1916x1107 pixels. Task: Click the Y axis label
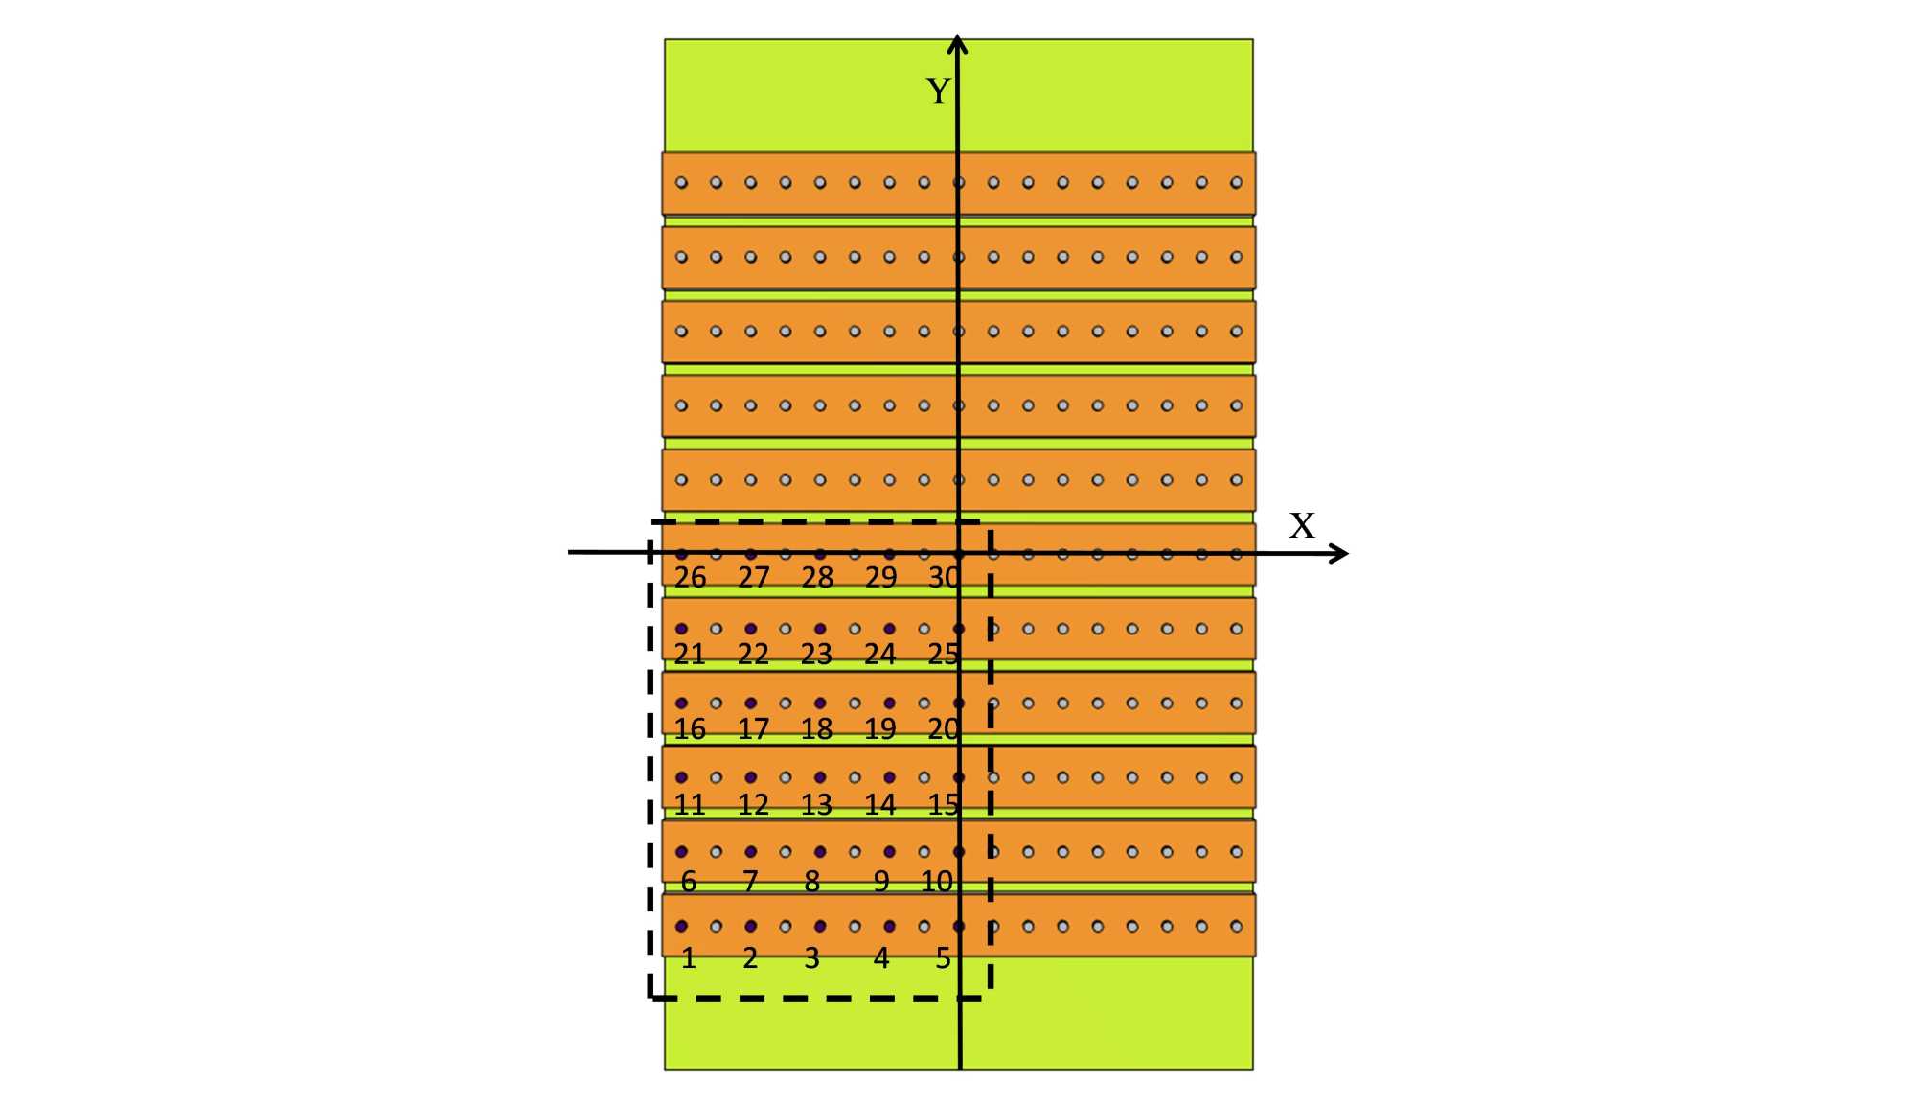click(x=938, y=91)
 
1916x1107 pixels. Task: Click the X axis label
click(x=1301, y=525)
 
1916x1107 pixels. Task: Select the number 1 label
click(x=688, y=957)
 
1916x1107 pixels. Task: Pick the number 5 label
click(x=943, y=957)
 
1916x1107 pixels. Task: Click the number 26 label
click(x=690, y=577)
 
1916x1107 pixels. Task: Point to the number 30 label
click(x=944, y=577)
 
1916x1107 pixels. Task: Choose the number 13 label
click(x=816, y=805)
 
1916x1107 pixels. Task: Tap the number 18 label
click(x=816, y=729)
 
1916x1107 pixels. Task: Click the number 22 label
click(x=753, y=654)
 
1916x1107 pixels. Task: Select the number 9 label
click(x=881, y=881)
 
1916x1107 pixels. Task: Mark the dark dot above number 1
click(x=681, y=926)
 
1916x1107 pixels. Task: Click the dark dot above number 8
click(x=820, y=851)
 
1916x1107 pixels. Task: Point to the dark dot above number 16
click(x=681, y=703)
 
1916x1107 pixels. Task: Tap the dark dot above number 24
click(x=889, y=629)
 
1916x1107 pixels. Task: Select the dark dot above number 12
click(x=751, y=777)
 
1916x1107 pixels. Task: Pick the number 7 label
click(x=750, y=881)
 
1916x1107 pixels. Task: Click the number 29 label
click(x=880, y=577)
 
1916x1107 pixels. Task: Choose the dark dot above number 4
click(x=889, y=926)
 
